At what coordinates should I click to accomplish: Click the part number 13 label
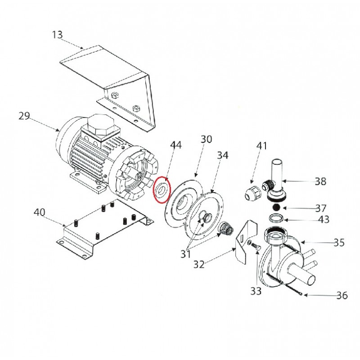[x=57, y=35]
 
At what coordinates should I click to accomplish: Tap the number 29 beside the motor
[x=24, y=116]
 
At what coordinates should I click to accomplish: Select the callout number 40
[x=40, y=212]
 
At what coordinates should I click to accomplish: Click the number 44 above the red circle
[x=176, y=145]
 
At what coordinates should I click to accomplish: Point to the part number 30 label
[x=207, y=139]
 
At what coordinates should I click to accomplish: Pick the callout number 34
[x=223, y=155]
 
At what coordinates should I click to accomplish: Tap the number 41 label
[x=262, y=146]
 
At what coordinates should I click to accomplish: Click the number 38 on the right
[x=320, y=181]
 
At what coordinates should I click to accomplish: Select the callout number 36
[x=342, y=296]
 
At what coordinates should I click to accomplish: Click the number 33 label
[x=256, y=291]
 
